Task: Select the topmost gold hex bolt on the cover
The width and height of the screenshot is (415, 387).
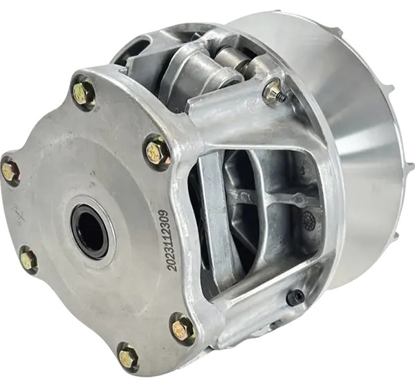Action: click(x=82, y=90)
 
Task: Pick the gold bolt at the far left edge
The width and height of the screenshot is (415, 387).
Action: click(x=10, y=171)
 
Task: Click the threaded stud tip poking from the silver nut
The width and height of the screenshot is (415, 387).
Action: click(x=284, y=98)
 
